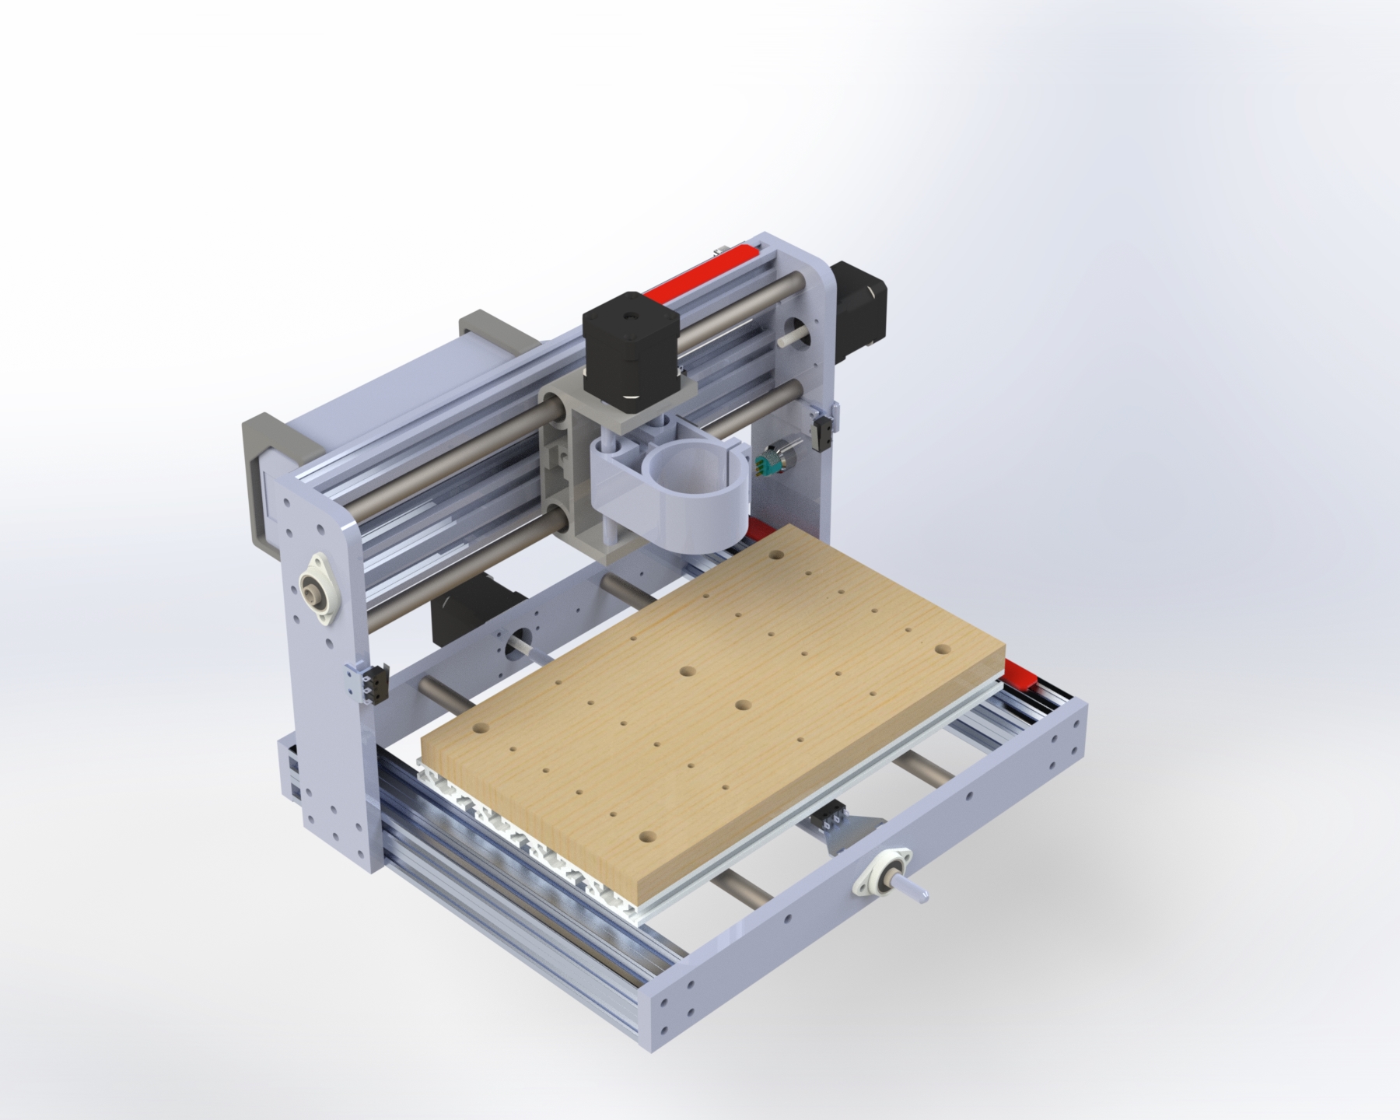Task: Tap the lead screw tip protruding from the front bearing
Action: click(x=921, y=895)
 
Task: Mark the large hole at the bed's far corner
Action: click(x=775, y=557)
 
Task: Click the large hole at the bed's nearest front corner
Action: click(x=646, y=838)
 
